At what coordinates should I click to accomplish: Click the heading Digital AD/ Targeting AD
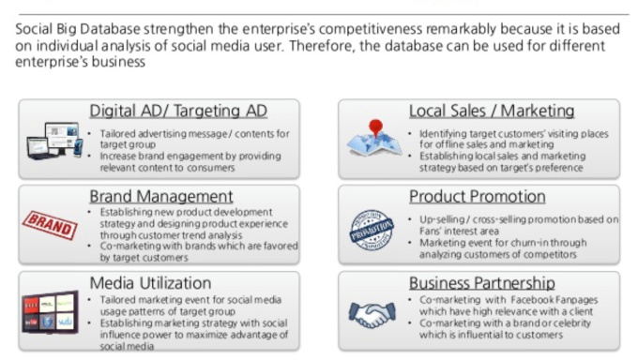(x=178, y=111)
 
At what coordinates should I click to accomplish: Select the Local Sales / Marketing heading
(x=492, y=111)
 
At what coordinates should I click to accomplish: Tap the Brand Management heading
(x=161, y=197)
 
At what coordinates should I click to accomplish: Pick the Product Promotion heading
(x=477, y=197)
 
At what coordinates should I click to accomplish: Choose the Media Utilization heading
(x=150, y=283)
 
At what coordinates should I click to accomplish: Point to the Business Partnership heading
(x=481, y=283)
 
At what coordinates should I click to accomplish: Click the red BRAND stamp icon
(x=50, y=225)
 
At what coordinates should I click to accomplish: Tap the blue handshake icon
(x=372, y=314)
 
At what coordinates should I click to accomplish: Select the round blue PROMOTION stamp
(x=372, y=230)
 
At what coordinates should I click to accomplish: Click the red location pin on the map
(x=375, y=127)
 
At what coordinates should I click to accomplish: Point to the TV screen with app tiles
(x=50, y=312)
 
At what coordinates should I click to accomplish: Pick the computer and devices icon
(x=54, y=141)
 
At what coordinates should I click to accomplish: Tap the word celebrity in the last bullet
(x=571, y=323)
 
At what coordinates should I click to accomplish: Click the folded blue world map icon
(x=373, y=142)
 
